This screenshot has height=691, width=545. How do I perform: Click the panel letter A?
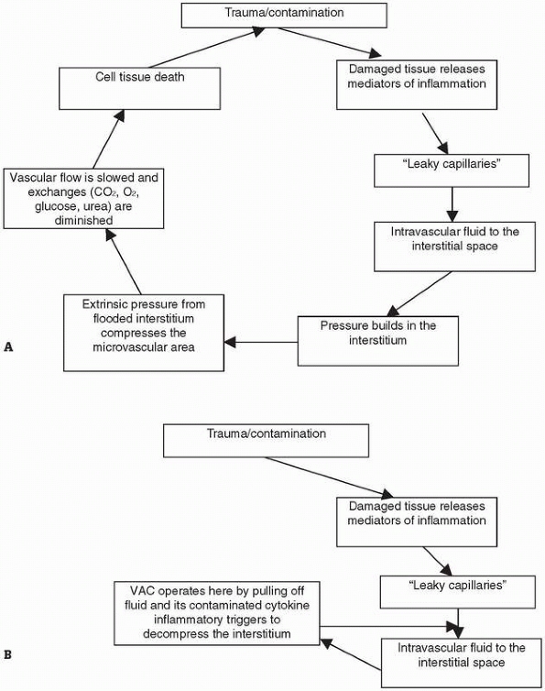(x=8, y=347)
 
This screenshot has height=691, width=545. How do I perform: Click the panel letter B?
(x=8, y=655)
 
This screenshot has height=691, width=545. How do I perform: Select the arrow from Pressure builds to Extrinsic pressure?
(x=261, y=342)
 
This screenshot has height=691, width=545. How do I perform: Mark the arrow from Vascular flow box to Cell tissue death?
(x=108, y=139)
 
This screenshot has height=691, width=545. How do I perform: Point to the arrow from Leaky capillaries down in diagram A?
(x=452, y=204)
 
